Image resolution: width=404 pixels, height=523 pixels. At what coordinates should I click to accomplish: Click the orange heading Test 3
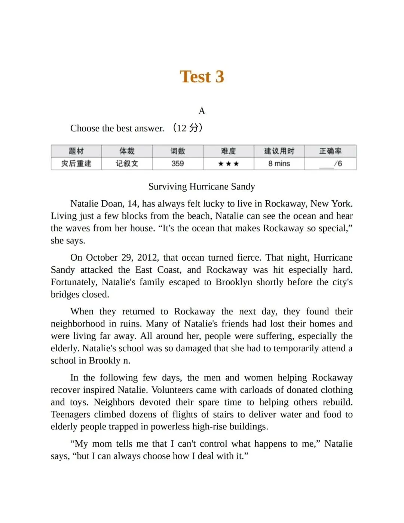[202, 77]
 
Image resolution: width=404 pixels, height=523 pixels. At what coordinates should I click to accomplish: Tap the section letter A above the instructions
[202, 111]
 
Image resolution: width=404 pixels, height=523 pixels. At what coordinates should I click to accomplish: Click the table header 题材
[76, 151]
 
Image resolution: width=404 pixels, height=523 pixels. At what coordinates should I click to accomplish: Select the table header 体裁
[127, 151]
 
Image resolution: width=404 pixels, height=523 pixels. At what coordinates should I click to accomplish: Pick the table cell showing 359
[177, 164]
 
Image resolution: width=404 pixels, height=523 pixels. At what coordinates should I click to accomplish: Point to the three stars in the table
[228, 164]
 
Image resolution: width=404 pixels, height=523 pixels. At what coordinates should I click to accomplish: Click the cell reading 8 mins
[279, 164]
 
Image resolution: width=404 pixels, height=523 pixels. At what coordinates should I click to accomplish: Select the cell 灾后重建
[76, 164]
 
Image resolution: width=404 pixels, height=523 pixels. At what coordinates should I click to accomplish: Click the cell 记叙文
[127, 164]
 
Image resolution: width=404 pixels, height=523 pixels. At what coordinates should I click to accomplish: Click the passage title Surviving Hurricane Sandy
[202, 186]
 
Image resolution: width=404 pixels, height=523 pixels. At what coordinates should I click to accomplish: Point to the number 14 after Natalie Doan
[132, 204]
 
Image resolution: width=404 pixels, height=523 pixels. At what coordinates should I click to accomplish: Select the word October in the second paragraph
[101, 258]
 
